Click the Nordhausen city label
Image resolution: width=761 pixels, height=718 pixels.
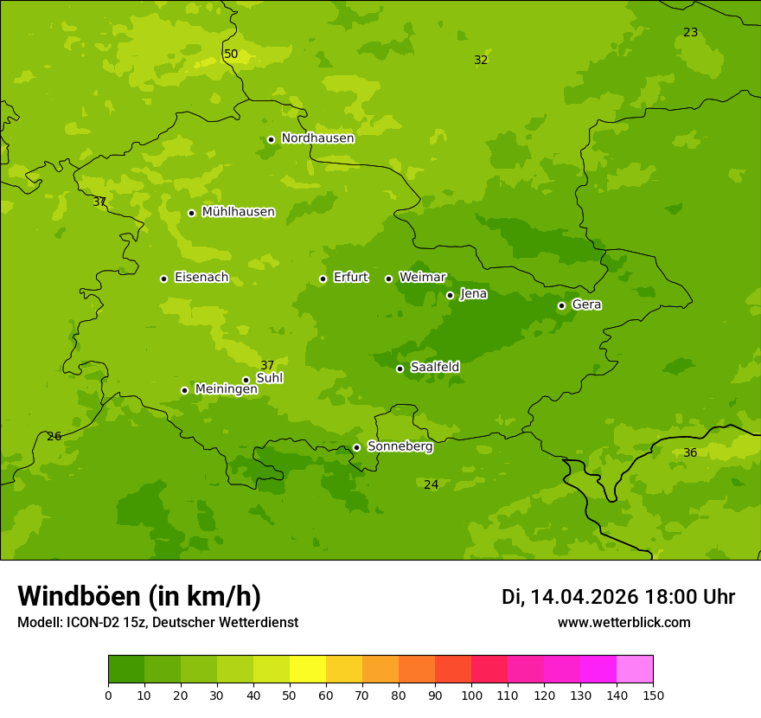click(x=317, y=138)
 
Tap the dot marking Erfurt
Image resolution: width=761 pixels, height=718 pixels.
click(x=323, y=279)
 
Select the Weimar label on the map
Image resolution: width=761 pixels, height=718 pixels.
click(x=422, y=278)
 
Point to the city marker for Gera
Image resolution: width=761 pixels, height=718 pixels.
click(x=561, y=305)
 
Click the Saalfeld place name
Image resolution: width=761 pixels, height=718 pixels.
click(x=434, y=368)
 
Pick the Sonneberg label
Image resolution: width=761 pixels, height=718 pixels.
click(x=400, y=446)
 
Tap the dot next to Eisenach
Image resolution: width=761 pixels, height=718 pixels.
click(x=163, y=279)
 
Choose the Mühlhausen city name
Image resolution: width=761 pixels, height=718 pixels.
click(x=238, y=212)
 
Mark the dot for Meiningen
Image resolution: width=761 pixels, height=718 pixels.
click(x=184, y=390)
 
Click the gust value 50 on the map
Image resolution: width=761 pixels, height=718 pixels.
click(x=231, y=54)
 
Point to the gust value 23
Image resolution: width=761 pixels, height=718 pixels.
click(x=690, y=33)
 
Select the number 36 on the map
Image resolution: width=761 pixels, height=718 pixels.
click(x=690, y=453)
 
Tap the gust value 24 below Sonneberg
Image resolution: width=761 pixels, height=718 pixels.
click(x=431, y=485)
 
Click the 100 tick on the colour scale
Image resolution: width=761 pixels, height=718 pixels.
click(x=471, y=695)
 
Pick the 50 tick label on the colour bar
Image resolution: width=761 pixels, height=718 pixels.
click(x=290, y=695)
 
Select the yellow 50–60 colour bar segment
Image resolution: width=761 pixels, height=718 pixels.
click(x=308, y=670)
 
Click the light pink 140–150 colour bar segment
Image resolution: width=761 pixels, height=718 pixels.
click(x=635, y=670)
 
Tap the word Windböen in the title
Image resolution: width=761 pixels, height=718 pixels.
click(x=79, y=596)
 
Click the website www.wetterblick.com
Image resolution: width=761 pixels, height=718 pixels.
click(x=624, y=623)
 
